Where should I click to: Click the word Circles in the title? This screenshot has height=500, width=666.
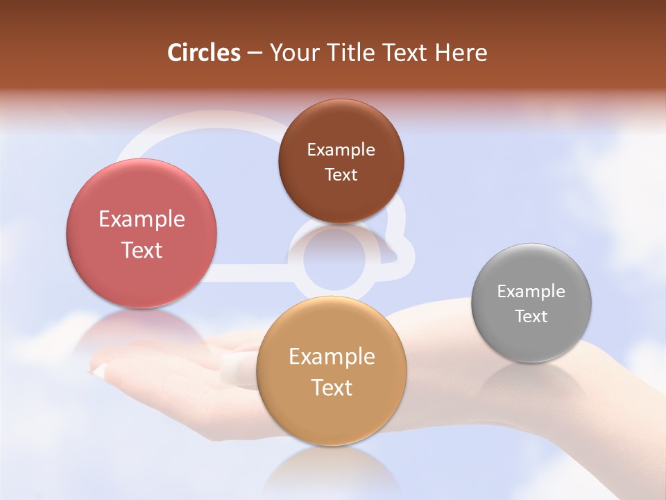(x=204, y=53)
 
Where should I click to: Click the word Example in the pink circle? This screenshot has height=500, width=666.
(x=142, y=219)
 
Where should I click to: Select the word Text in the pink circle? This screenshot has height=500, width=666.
(x=142, y=250)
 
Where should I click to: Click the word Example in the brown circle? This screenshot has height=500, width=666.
(x=341, y=149)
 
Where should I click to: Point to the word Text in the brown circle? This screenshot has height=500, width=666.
(x=341, y=174)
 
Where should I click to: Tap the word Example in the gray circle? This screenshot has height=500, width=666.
(x=531, y=292)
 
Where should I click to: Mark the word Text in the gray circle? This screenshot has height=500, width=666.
(x=531, y=317)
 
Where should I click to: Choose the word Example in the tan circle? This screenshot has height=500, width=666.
(x=332, y=357)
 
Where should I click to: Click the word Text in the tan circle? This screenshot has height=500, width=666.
(x=332, y=387)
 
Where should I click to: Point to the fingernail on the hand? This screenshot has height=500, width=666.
(x=237, y=367)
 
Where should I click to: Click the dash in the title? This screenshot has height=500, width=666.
(x=255, y=53)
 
